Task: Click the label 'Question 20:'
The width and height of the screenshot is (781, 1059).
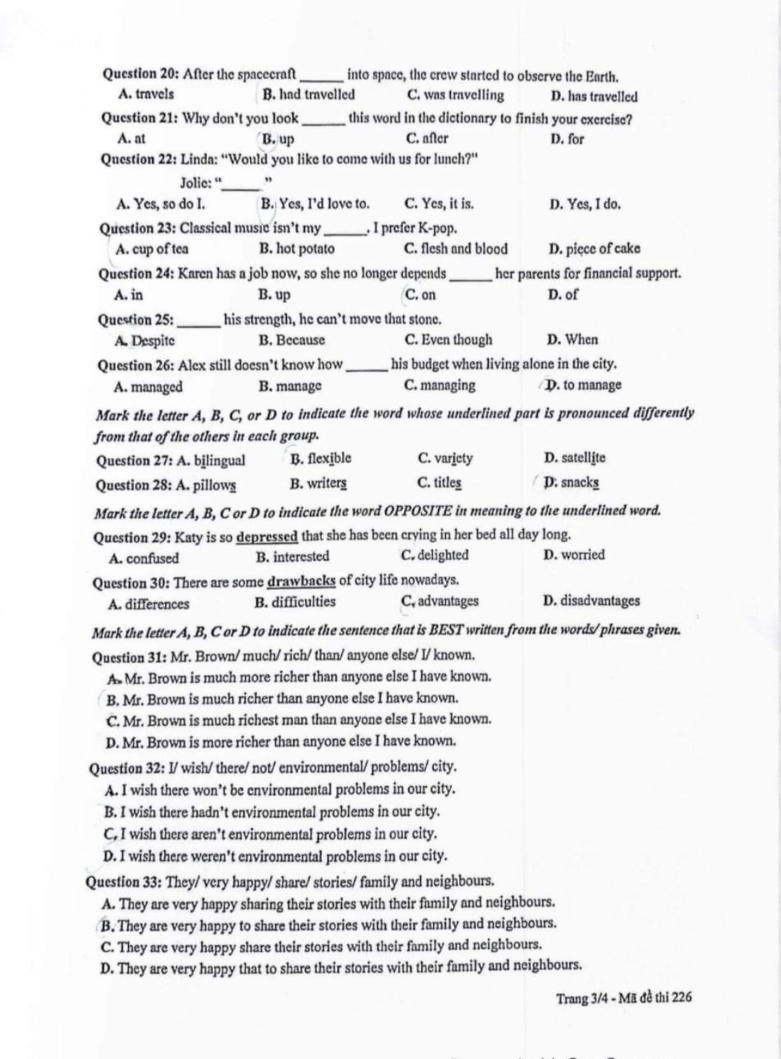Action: [141, 74]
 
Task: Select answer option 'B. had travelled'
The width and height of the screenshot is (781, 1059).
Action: [309, 95]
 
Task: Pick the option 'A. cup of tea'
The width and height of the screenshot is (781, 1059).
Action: [152, 249]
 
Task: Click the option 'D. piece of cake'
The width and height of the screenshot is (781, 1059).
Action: [594, 249]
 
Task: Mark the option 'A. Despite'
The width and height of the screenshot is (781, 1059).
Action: [145, 340]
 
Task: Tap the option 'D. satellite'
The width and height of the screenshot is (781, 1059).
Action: [574, 458]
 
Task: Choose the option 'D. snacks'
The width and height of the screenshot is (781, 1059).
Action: [571, 482]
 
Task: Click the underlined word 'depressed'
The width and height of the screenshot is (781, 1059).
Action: [267, 536]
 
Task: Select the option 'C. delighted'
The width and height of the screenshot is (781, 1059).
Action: [435, 555]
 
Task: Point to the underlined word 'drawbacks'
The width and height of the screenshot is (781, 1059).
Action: [302, 580]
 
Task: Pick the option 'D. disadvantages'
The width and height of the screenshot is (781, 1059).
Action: [591, 601]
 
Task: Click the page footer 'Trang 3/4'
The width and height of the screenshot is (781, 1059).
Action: [581, 998]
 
